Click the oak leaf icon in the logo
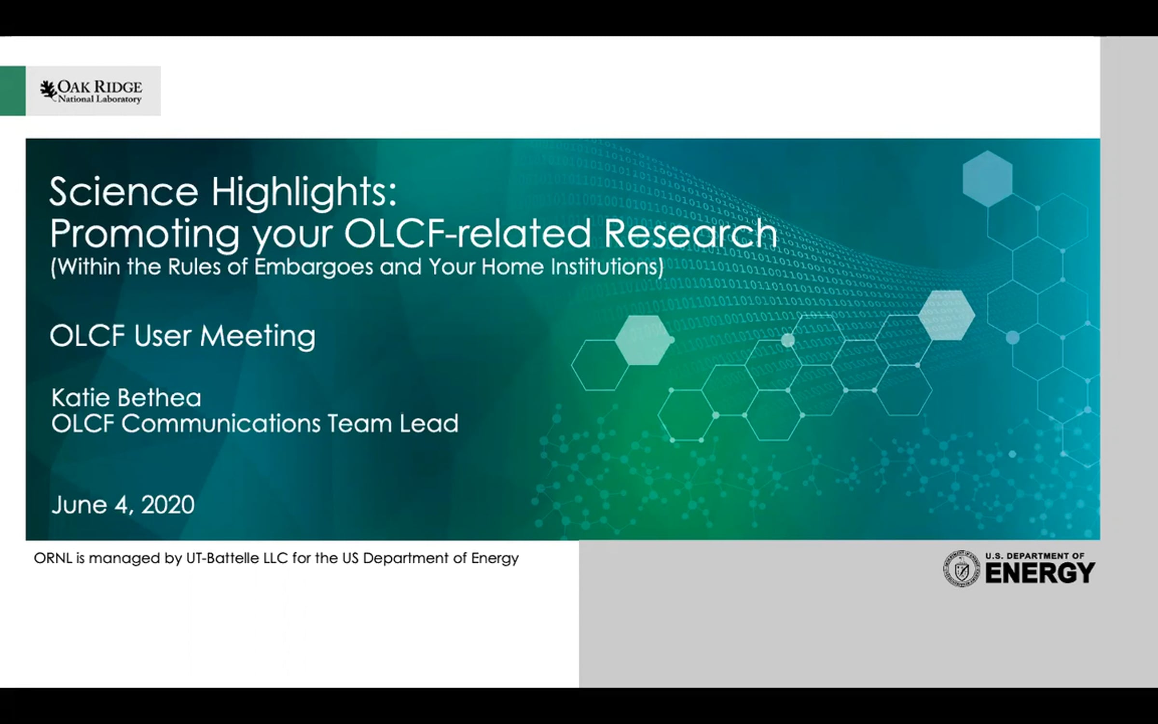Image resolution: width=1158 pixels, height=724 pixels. tap(48, 90)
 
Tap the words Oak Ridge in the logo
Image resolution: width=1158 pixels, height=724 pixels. tap(100, 87)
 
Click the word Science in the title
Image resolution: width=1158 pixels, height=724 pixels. tap(124, 192)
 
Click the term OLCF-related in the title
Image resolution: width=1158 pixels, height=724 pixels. tap(468, 233)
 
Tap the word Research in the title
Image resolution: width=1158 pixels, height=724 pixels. tap(690, 233)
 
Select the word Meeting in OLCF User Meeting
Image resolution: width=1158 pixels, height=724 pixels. tap(258, 336)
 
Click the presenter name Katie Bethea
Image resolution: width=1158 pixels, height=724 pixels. tap(126, 398)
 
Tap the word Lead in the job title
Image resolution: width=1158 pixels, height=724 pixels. tap(429, 423)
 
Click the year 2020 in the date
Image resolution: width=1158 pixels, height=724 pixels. tap(168, 505)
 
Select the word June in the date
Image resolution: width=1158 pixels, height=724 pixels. tap(79, 505)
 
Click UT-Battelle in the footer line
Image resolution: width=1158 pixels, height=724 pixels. tap(223, 558)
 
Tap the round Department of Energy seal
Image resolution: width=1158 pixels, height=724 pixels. tap(962, 569)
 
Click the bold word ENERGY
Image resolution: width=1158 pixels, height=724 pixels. tap(1040, 573)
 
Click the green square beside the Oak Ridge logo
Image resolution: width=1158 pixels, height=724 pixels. tap(13, 91)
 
